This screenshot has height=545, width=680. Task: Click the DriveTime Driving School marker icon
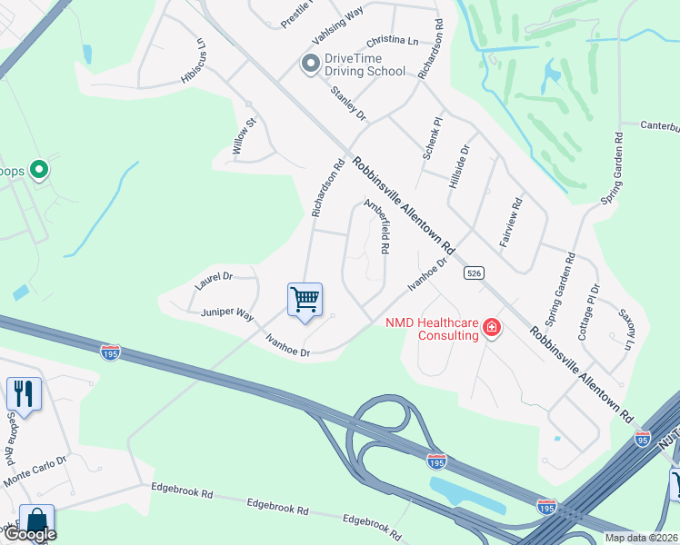[310, 64]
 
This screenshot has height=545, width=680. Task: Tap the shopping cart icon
[305, 299]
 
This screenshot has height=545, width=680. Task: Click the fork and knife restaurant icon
[24, 394]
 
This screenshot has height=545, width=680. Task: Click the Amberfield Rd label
[377, 226]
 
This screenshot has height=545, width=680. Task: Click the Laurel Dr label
[214, 281]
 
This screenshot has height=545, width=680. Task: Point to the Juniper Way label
[227, 313]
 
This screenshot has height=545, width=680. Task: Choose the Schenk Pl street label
[431, 139]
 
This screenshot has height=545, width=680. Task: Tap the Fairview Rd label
[510, 223]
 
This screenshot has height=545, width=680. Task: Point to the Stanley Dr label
[347, 104]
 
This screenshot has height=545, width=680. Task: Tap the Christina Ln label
[392, 42]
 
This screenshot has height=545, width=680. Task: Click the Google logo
[29, 534]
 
